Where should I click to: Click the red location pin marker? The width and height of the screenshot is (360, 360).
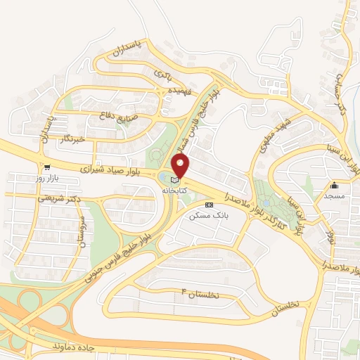pyautogui.click(x=181, y=165)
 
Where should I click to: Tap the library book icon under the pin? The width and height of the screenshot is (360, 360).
pyautogui.click(x=175, y=180)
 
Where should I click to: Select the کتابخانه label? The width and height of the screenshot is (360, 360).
pyautogui.click(x=174, y=191)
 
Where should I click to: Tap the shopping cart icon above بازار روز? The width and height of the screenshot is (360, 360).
pyautogui.click(x=46, y=168)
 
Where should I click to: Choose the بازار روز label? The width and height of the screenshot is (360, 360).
pyautogui.click(x=47, y=179)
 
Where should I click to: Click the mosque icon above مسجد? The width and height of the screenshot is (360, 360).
pyautogui.click(x=335, y=186)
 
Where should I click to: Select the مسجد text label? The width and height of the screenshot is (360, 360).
pyautogui.click(x=333, y=197)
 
